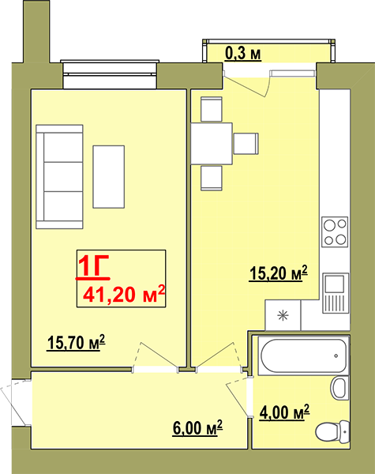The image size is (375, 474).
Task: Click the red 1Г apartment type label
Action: coord(94,266)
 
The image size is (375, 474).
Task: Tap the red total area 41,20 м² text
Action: coord(124,294)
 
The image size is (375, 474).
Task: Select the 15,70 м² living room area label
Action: coord(76,343)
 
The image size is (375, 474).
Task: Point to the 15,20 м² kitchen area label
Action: coord(279,273)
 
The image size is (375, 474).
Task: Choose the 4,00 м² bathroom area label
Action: coord(285,412)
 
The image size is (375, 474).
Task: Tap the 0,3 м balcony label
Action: coord(243,54)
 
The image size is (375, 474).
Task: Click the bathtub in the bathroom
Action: coord(304,355)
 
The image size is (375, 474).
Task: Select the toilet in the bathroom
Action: coord(332,431)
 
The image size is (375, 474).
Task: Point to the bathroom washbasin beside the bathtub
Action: coord(340,388)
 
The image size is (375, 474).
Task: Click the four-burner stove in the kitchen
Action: coord(335,231)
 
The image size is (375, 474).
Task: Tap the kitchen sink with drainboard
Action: coord(336,293)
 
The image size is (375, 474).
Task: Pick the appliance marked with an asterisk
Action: coord(283,315)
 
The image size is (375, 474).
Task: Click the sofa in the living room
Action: coord(59,176)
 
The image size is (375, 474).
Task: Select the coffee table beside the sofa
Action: coord(109,177)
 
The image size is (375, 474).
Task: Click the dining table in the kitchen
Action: coord(212,144)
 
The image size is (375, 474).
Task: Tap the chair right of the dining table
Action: coord(246,144)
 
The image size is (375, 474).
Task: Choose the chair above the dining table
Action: coord(212,109)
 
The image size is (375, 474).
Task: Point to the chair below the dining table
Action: coord(212,178)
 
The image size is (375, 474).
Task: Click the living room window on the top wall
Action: coord(110,74)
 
